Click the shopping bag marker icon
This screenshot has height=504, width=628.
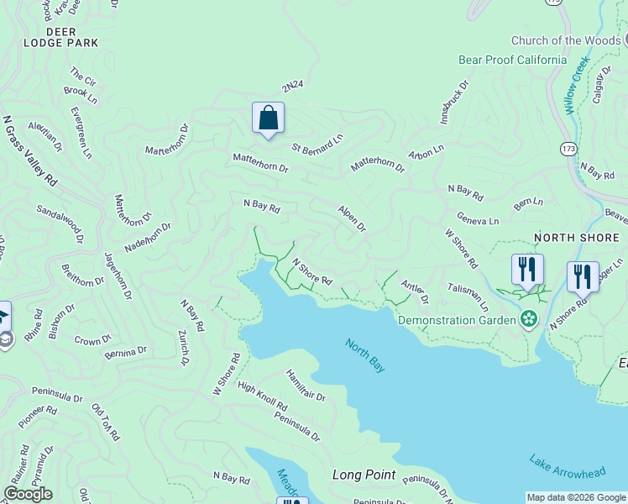point(268,118)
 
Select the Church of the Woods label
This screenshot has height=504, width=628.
point(566,40)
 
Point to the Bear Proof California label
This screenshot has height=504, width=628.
point(512,60)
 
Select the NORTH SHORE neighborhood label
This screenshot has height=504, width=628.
point(577,238)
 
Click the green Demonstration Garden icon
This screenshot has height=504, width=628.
point(528,318)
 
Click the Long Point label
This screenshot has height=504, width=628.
point(364,475)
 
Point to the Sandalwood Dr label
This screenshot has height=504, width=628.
point(60,223)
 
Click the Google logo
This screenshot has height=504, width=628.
point(28,494)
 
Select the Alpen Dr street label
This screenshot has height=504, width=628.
point(352,218)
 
